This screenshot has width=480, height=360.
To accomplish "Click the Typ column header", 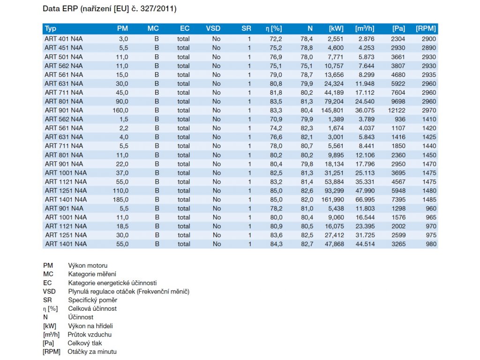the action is (x=51, y=29).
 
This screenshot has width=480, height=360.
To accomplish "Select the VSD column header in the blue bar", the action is (x=213, y=29).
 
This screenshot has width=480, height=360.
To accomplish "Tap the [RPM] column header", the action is (x=426, y=29).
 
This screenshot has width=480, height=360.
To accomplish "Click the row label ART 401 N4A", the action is (x=64, y=39).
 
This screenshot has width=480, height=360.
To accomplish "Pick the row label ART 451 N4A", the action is (x=64, y=48).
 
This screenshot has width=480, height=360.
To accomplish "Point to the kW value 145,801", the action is (x=332, y=110).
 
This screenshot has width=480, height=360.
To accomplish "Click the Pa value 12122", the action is (x=397, y=110).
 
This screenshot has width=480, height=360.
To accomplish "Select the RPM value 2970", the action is (x=429, y=110).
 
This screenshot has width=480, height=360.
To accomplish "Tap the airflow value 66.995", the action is (x=365, y=200).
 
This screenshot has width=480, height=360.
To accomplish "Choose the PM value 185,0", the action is (x=120, y=200).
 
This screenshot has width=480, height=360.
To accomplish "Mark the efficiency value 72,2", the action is (x=276, y=39).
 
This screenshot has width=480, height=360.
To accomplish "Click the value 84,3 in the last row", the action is (x=276, y=244).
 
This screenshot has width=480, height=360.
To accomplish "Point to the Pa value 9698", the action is (x=398, y=101).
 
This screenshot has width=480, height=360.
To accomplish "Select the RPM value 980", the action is (x=431, y=244).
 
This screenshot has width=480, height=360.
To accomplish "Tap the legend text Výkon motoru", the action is (x=88, y=265).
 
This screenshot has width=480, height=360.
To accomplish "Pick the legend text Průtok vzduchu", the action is (x=90, y=335).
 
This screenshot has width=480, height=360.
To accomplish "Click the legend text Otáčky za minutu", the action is (x=92, y=352).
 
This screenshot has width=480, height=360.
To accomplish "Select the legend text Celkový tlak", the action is (x=85, y=343).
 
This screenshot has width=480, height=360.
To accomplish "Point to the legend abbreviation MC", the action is (x=48, y=274).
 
